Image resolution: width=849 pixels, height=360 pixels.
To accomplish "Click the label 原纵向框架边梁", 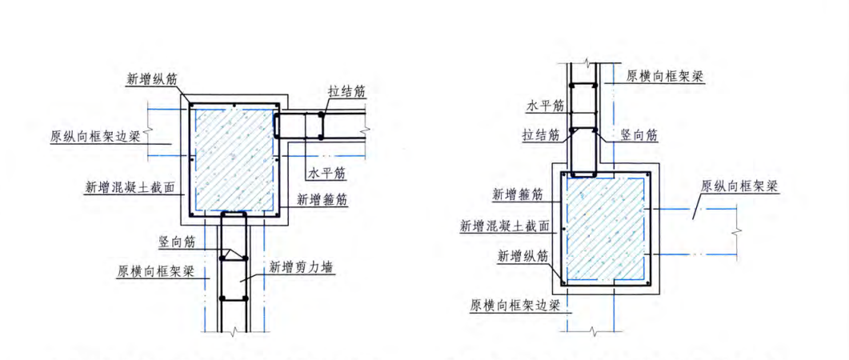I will click(95, 136).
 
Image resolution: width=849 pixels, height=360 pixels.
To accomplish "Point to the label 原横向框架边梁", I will click(514, 306).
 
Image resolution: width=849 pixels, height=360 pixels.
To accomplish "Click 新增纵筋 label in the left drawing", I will click(152, 78).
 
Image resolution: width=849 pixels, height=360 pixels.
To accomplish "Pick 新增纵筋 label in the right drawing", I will click(523, 257).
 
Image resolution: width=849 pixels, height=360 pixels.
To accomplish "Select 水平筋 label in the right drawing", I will click(546, 105).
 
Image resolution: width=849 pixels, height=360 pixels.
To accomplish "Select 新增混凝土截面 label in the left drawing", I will click(130, 188).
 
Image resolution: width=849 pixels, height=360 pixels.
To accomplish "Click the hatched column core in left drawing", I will click(233, 157).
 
